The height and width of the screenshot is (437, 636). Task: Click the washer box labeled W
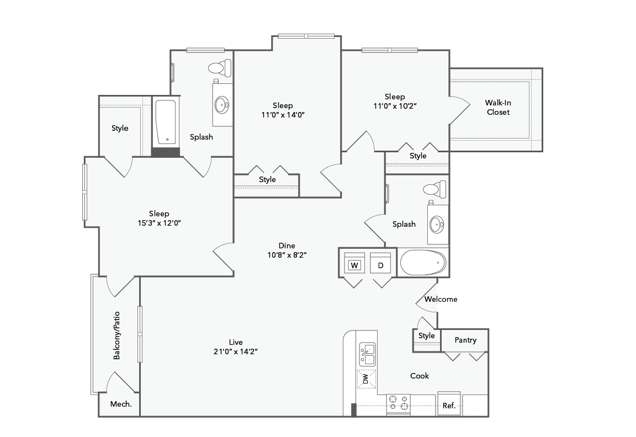(x=354, y=265)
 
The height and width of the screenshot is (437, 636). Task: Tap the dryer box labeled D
(x=380, y=265)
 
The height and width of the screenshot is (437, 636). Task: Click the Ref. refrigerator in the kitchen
(x=449, y=405)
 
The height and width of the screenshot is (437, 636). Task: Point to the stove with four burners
(x=398, y=404)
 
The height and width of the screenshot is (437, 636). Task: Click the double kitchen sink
(x=367, y=354)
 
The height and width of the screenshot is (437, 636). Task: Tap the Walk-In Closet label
(x=497, y=107)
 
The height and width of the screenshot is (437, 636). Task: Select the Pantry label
(x=465, y=340)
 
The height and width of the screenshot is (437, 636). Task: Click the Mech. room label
(x=121, y=404)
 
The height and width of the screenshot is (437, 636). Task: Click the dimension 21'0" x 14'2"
(x=236, y=351)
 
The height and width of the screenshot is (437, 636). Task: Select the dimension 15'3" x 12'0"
(x=159, y=223)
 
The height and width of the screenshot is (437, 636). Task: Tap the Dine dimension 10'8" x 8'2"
(x=287, y=255)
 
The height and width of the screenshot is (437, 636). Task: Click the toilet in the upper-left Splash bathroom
(x=219, y=68)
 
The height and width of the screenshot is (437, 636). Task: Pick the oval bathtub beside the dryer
(x=422, y=263)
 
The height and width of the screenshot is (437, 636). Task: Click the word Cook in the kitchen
(x=420, y=376)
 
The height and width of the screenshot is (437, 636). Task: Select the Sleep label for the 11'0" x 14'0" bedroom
(x=283, y=105)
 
